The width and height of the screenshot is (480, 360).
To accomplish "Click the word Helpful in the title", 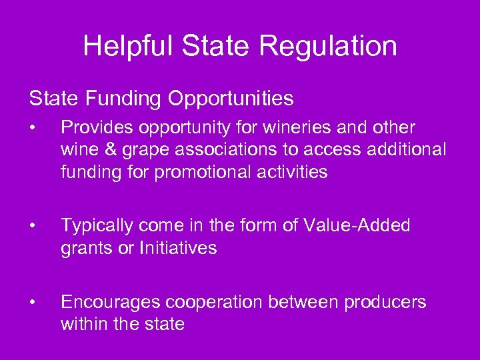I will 125,46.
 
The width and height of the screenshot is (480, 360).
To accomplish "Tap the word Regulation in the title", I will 328,46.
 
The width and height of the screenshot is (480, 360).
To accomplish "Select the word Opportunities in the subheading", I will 231,99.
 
